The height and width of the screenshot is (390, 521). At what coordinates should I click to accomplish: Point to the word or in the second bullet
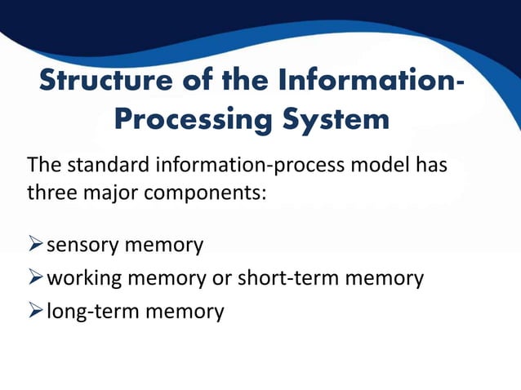click(x=221, y=279)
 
